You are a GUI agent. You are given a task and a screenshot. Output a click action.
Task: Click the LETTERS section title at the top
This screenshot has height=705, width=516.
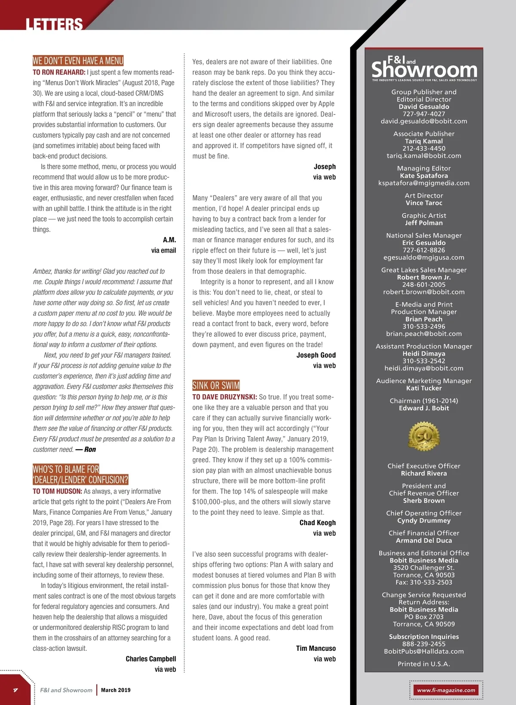pyautogui.click(x=54, y=24)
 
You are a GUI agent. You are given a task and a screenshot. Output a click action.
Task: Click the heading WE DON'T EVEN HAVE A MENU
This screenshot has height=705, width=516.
pyautogui.click(x=78, y=61)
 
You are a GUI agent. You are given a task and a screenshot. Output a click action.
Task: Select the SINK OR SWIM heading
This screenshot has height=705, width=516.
pyautogui.click(x=216, y=385)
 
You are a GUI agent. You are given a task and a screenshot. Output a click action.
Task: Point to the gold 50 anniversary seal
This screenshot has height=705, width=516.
pyautogui.click(x=424, y=436)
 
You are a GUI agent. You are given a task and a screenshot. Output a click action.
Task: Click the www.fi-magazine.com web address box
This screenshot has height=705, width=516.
pyautogui.click(x=446, y=690)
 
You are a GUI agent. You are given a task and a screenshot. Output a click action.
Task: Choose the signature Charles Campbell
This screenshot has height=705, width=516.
pyautogui.click(x=150, y=659)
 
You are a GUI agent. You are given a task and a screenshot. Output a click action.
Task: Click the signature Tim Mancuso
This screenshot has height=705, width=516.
pyautogui.click(x=316, y=648)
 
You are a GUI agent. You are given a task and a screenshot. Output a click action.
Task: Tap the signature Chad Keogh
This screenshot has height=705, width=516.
pyautogui.click(x=317, y=523)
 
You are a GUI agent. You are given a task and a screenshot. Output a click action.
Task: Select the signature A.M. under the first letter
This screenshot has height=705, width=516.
pyautogui.click(x=169, y=240)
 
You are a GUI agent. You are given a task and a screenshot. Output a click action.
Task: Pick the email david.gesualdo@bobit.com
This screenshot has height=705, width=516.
pyautogui.click(x=424, y=121)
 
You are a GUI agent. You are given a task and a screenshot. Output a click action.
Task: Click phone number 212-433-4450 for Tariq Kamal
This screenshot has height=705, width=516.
pyautogui.click(x=424, y=148)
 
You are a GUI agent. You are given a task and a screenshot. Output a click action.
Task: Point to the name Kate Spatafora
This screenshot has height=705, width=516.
pyautogui.click(x=424, y=176)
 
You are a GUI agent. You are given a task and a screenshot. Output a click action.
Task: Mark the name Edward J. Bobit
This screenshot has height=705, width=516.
pyautogui.click(x=424, y=408)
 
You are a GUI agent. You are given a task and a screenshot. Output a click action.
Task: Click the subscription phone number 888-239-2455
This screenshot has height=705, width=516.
pyautogui.click(x=424, y=644)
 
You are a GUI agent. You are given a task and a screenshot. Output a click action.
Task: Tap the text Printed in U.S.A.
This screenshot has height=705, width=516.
pyautogui.click(x=424, y=664)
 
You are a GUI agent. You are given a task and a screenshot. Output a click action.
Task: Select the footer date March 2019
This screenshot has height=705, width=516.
pyautogui.click(x=116, y=690)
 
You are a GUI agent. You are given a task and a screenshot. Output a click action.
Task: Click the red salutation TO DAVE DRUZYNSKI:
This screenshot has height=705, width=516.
pyautogui.click(x=224, y=397)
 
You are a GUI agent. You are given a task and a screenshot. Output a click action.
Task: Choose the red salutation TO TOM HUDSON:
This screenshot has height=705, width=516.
pyautogui.click(x=57, y=491)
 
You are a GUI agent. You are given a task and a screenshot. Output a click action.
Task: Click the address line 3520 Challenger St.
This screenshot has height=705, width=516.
pyautogui.click(x=424, y=568)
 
